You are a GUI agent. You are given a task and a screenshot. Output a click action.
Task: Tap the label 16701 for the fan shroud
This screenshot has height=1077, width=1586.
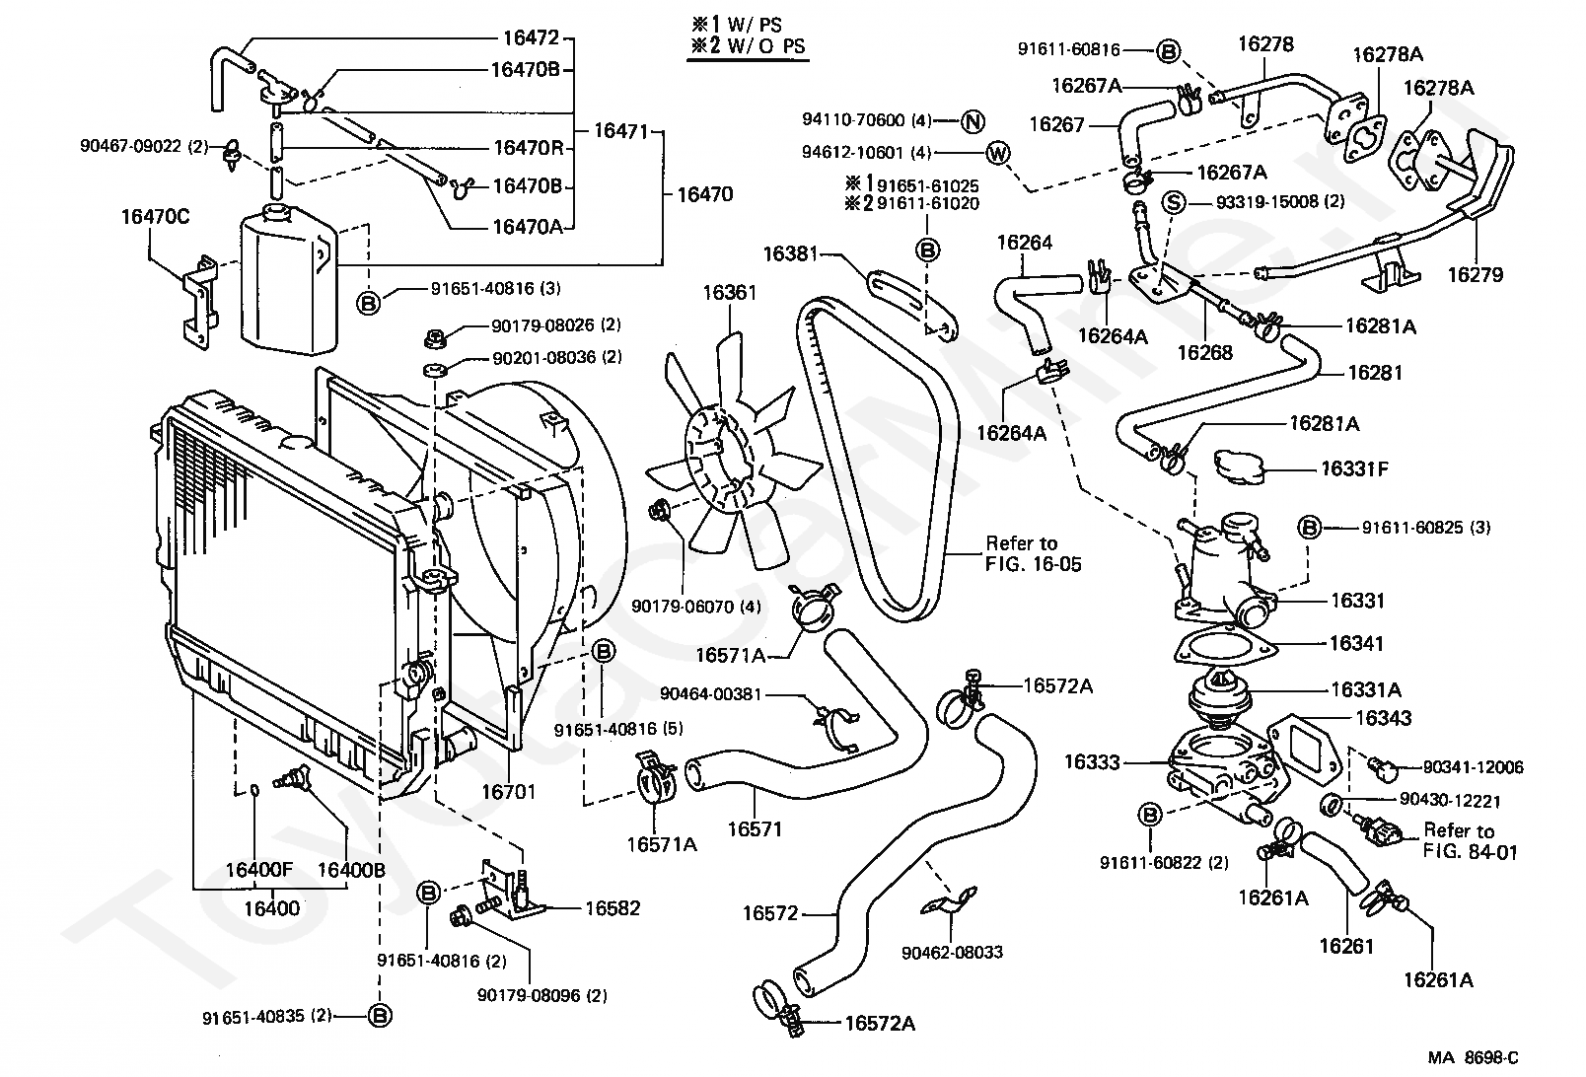509,791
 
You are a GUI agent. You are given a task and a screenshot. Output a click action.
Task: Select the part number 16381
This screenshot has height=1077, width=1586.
791,253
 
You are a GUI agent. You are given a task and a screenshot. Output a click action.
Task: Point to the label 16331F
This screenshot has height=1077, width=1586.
1354,468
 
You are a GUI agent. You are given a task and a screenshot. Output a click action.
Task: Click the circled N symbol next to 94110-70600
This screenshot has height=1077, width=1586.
973,121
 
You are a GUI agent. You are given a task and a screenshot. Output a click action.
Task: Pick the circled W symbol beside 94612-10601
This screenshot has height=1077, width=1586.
998,153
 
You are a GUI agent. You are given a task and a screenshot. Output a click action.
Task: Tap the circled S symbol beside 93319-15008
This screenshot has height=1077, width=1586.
1174,202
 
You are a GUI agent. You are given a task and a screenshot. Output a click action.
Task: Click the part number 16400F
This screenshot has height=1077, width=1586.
259,870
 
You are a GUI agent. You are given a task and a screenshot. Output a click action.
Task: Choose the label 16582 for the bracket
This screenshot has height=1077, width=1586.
613,907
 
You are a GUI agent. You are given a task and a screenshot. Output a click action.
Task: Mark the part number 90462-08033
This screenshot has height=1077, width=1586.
952,952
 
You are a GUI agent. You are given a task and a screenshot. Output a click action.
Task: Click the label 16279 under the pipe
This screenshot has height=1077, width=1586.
1476,275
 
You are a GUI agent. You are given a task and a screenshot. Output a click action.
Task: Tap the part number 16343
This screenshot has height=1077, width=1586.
1383,718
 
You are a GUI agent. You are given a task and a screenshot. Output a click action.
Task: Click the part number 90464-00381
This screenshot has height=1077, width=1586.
710,693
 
